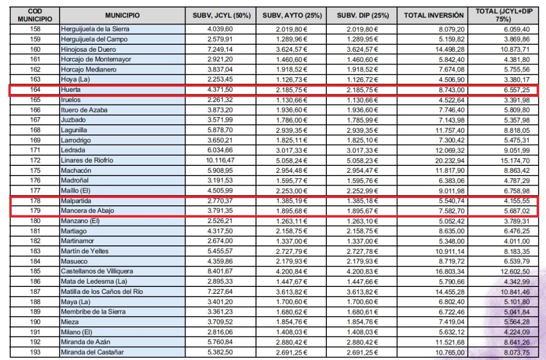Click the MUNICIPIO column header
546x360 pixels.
(122, 15)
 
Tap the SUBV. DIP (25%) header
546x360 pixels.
(362, 15)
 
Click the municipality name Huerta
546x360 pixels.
(71, 90)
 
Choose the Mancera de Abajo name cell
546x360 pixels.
(87, 211)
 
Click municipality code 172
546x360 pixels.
(35, 160)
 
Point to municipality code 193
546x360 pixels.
(35, 353)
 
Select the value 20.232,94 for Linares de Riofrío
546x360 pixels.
(449, 160)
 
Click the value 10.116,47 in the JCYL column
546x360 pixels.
(233, 160)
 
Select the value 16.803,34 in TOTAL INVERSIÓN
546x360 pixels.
(449, 271)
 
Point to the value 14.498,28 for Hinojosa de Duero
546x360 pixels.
(449, 49)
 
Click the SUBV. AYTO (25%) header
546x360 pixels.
(292, 15)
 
